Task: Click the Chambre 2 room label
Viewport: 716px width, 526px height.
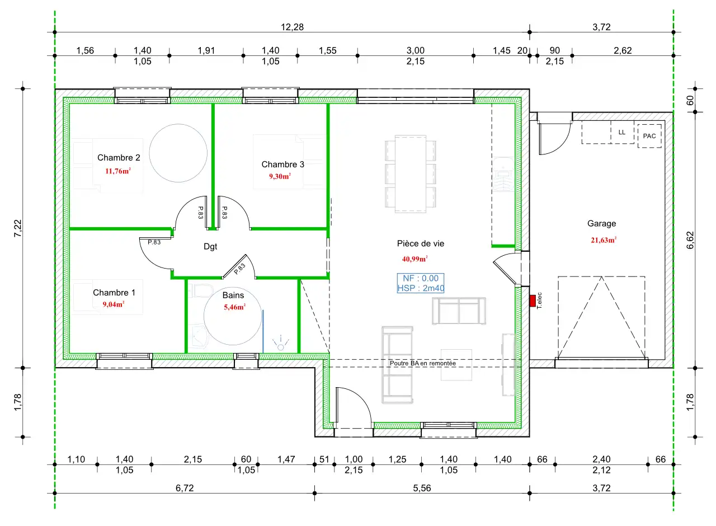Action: [x=119, y=158]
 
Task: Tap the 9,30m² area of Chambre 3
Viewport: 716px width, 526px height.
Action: [x=280, y=176]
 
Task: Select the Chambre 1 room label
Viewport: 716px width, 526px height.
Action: [x=114, y=293]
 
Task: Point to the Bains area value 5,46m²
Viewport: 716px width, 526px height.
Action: [x=234, y=307]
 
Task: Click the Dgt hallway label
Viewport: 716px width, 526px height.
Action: [x=210, y=247]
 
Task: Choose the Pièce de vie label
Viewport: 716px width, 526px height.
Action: [x=421, y=243]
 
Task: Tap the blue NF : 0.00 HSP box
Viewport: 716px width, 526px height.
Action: [x=421, y=283]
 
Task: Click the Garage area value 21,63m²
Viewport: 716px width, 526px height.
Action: [x=604, y=240]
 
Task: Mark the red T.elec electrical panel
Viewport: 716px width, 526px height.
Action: [x=533, y=301]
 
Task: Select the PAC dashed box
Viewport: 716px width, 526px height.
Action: [x=649, y=136]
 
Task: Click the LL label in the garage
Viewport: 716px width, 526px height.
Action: [x=621, y=133]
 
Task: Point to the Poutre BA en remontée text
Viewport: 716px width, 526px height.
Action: [x=422, y=363]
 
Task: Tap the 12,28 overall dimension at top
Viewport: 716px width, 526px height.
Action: [x=292, y=27]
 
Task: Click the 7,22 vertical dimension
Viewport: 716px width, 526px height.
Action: [x=18, y=228]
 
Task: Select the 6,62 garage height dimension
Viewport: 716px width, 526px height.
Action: [x=690, y=240]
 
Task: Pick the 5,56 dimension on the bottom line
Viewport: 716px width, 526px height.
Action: [x=422, y=488]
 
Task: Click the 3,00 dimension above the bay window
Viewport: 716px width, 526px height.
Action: [x=416, y=50]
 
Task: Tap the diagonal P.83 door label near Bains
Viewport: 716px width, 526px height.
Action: [x=239, y=269]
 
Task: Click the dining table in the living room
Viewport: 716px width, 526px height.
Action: [x=411, y=174]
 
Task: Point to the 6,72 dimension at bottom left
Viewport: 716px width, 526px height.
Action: [x=185, y=488]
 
